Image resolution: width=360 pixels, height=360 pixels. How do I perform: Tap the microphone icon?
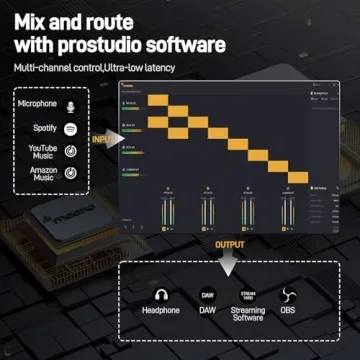71,104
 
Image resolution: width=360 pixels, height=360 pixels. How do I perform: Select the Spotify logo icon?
71,128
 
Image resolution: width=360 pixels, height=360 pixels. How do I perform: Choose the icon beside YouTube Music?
71,151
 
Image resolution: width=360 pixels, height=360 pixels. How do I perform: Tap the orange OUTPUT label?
230,244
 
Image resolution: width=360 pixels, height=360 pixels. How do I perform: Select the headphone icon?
161,295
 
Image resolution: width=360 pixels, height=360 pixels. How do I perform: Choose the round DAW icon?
208,295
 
